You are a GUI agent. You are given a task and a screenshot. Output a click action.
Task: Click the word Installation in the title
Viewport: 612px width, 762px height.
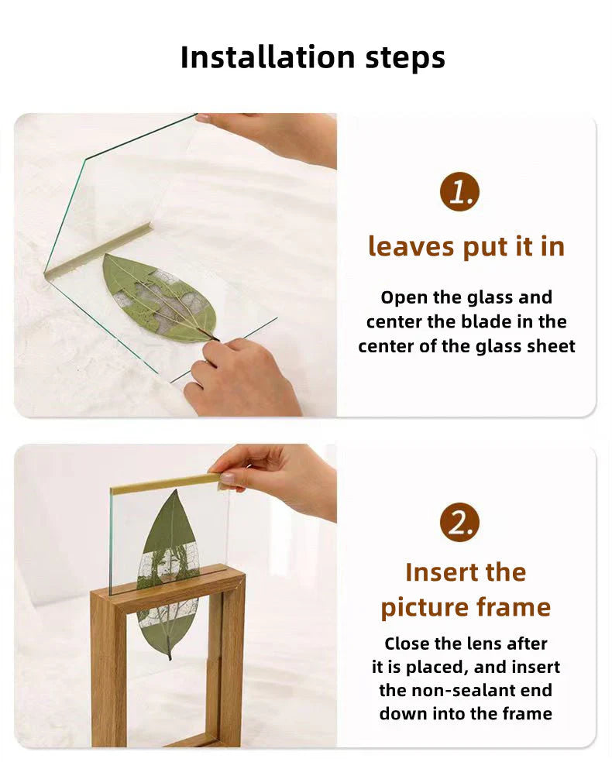(268, 57)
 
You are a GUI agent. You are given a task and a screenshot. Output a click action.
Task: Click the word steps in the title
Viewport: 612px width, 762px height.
(405, 58)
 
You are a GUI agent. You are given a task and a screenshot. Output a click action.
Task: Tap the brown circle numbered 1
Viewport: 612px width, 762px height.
(459, 191)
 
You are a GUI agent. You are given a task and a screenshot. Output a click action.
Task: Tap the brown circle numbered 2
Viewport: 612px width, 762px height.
(459, 523)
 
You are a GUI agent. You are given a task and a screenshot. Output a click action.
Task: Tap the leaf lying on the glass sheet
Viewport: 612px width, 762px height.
(160, 297)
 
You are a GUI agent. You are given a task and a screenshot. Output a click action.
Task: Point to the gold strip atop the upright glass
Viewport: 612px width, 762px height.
(165, 483)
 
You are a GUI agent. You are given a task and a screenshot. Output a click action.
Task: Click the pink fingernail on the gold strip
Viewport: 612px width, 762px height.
(226, 479)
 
